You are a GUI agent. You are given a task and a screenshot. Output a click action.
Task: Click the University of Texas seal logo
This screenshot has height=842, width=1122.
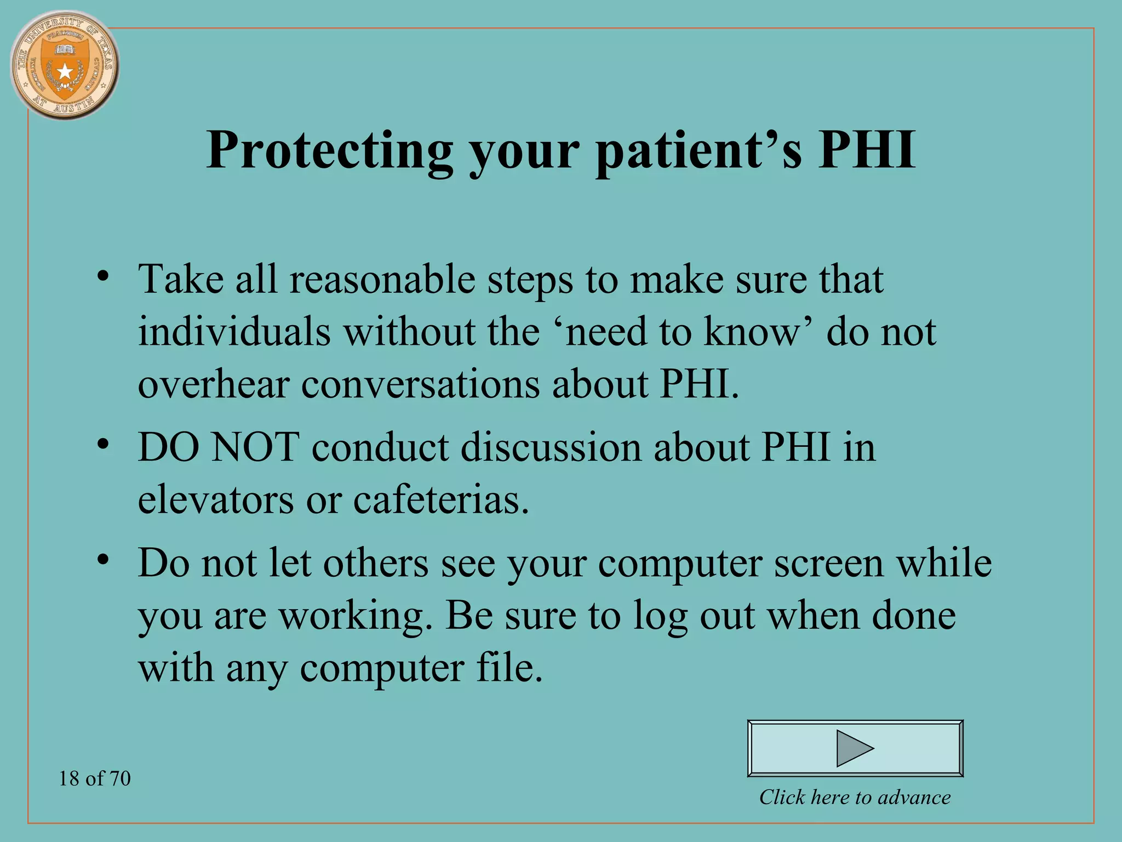point(65,65)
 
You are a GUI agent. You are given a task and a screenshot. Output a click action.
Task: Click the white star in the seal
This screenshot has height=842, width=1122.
point(65,71)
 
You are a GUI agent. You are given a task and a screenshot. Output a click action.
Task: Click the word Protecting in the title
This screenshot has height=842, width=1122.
point(329,150)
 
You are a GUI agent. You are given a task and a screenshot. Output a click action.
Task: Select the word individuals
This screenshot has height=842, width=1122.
point(234,332)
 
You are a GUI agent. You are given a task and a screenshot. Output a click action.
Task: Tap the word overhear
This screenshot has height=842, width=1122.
point(213,385)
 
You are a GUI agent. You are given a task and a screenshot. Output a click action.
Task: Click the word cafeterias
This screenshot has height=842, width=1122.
point(440,500)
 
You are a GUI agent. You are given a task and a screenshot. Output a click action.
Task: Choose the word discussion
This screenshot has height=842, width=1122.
point(551,447)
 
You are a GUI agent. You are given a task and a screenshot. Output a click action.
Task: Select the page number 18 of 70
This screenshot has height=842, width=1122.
point(95,778)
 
